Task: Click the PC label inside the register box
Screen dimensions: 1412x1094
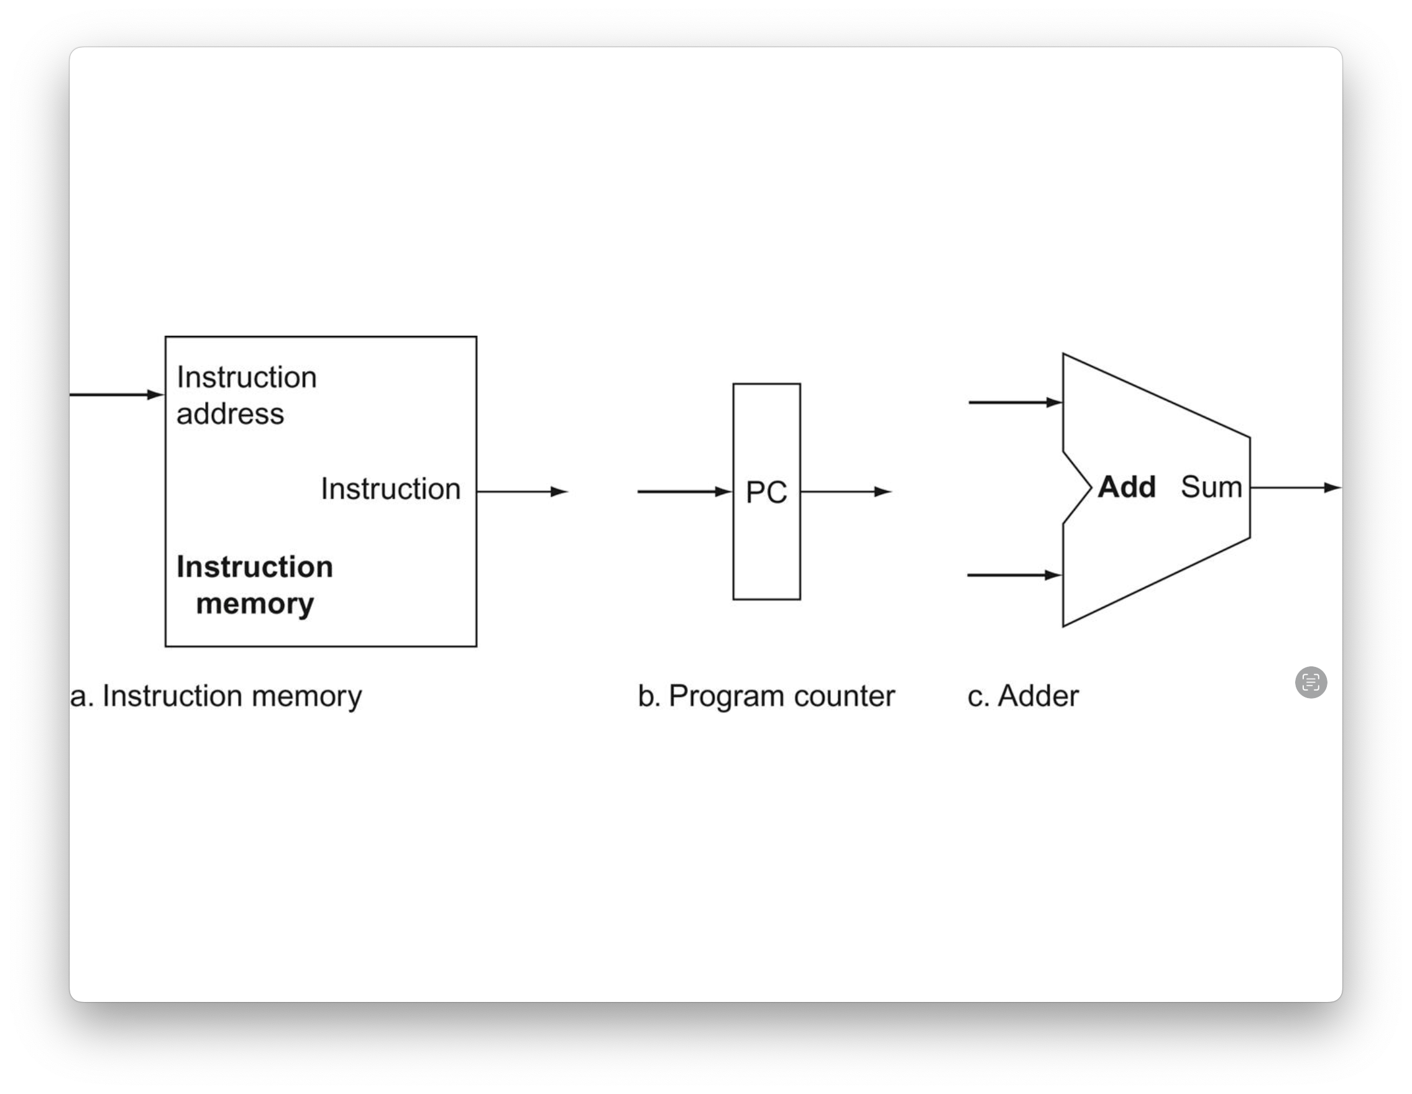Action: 766,492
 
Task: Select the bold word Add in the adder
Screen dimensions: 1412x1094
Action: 1127,487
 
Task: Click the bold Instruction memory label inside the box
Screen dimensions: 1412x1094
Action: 255,585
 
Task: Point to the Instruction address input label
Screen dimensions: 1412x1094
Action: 246,395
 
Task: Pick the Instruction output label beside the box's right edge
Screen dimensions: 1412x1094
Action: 390,489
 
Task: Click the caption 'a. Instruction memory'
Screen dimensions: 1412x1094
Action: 216,696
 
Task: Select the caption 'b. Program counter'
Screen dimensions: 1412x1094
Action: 766,696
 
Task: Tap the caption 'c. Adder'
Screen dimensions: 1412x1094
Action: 1023,696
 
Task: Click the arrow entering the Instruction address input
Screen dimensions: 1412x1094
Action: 117,395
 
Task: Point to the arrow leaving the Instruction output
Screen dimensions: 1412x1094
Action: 523,492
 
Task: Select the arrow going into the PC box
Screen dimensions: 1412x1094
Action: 685,492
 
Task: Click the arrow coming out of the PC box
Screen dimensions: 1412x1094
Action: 846,492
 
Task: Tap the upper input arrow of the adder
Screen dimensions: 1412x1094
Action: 1015,402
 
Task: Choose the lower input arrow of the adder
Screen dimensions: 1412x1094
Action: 1014,575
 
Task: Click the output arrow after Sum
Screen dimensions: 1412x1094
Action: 1296,487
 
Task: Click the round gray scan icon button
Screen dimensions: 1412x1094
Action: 1311,682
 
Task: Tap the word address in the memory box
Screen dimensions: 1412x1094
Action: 230,414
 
